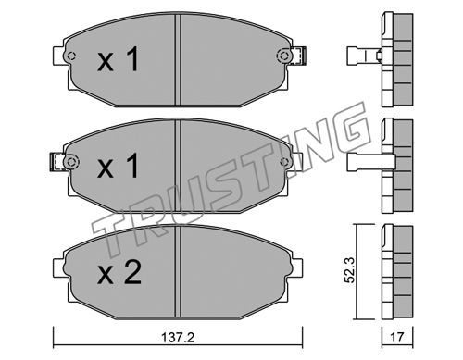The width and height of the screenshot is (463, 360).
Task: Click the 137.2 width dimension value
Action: coord(178,338)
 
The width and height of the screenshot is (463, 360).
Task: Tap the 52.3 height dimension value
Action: coord(350,271)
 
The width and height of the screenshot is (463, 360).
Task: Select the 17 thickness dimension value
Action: coord(397,338)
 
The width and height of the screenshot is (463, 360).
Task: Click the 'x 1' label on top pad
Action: coord(119,59)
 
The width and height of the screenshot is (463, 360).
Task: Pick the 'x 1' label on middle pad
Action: coord(118,166)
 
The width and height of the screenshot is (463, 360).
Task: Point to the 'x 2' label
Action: coord(119,272)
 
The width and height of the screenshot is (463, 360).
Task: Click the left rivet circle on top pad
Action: coord(71,56)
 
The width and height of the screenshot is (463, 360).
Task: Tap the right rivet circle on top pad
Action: coord(282,56)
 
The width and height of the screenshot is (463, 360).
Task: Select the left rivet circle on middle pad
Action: coord(70,162)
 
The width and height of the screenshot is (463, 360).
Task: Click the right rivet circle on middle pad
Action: coord(283,162)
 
